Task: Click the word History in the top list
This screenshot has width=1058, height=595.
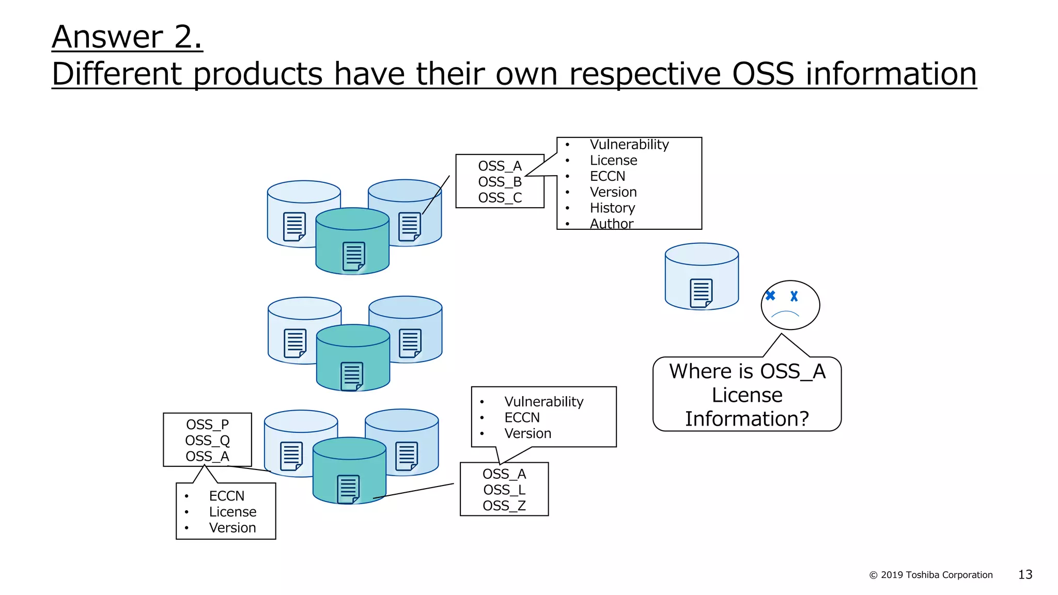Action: pos(612,208)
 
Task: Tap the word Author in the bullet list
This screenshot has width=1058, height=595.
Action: pos(611,224)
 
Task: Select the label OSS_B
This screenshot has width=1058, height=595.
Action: pos(500,182)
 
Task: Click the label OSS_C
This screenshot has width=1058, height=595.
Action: pos(500,198)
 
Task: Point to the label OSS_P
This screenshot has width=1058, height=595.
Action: pos(207,425)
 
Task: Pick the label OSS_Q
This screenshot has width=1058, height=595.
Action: pos(207,441)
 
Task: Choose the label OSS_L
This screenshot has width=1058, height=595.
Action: pos(504,490)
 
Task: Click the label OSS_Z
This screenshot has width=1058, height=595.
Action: pos(504,506)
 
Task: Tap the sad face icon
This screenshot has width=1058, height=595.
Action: pos(790,305)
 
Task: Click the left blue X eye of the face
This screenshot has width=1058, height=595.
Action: pos(770,295)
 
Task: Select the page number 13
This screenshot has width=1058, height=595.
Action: pos(1025,574)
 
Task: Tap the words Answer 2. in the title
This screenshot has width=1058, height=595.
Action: pos(127,37)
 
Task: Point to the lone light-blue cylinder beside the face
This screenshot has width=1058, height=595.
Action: pos(702,276)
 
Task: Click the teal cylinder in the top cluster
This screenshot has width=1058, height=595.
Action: pos(352,242)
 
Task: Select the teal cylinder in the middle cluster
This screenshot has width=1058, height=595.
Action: pos(353,358)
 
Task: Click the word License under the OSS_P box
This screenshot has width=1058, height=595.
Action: pos(232,512)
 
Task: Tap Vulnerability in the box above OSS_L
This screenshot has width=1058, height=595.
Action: pos(543,402)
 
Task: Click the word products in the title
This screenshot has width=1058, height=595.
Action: pos(258,74)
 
